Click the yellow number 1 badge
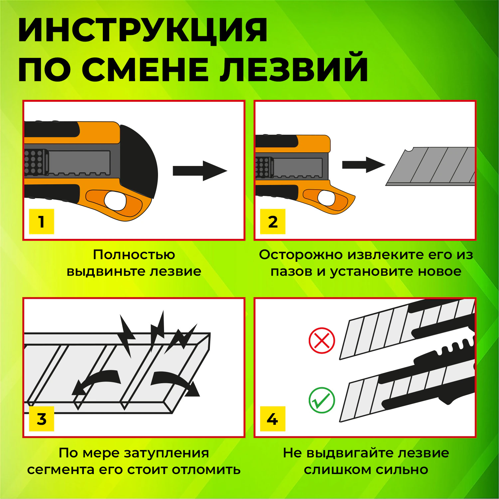pyautogui.click(x=41, y=222)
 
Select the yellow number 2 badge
pyautogui.click(x=273, y=222)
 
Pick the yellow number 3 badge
pyautogui.click(x=41, y=419)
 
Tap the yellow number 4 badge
pyautogui.click(x=273, y=419)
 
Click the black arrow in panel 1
pyautogui.click(x=200, y=171)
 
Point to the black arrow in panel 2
pyautogui.click(x=363, y=165)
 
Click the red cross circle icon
pyautogui.click(x=322, y=340)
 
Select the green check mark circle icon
pyautogui.click(x=322, y=400)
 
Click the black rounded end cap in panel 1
pyautogui.click(x=140, y=160)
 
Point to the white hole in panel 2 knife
pyautogui.click(x=326, y=198)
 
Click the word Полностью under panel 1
pyautogui.click(x=134, y=255)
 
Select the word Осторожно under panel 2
pyautogui.click(x=301, y=255)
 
